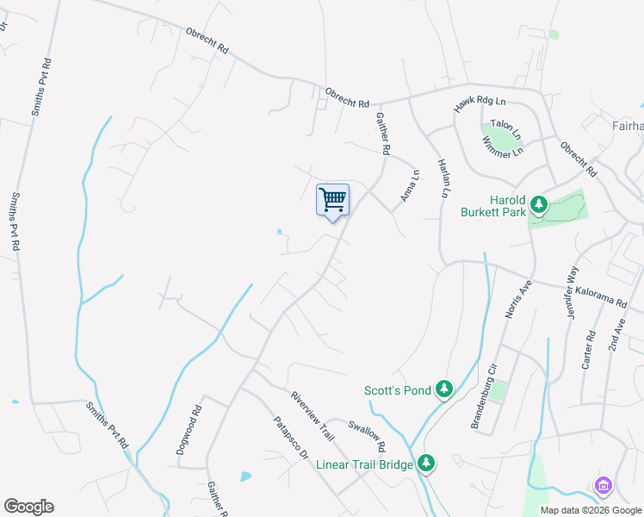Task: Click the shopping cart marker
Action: [x=332, y=200]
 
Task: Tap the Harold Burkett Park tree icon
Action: [x=539, y=204]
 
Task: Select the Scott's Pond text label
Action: [x=397, y=390]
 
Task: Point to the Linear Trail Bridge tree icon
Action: [x=426, y=464]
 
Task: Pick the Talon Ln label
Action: [x=506, y=130]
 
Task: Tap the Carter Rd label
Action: [x=590, y=350]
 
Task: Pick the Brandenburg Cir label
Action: [x=488, y=377]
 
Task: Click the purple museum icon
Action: [x=603, y=487]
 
